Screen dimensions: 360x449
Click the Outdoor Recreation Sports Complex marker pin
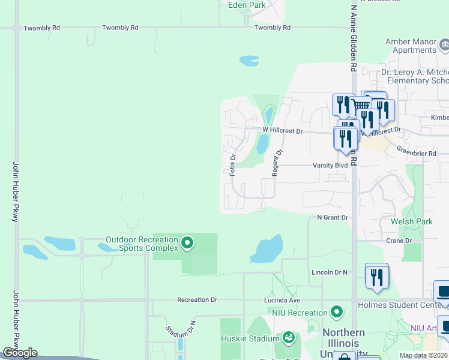pyautogui.click(x=187, y=243)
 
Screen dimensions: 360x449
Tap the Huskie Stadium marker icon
pyautogui.click(x=289, y=338)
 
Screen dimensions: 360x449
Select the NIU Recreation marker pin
pyautogui.click(x=337, y=312)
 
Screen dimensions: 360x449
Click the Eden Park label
pyautogui.click(x=247, y=5)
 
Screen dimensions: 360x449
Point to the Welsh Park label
pyautogui.click(x=412, y=221)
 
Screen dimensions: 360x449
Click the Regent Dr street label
pyautogui.click(x=276, y=162)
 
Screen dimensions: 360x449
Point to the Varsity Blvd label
pyautogui.click(x=330, y=165)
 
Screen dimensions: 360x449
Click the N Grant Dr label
pyautogui.click(x=332, y=217)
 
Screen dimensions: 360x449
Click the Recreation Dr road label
pyautogui.click(x=197, y=299)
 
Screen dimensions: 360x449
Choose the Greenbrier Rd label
pyautogui.click(x=416, y=154)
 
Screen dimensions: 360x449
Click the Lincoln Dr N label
pyautogui.click(x=330, y=272)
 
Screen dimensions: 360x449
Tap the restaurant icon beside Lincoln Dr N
pyautogui.click(x=376, y=277)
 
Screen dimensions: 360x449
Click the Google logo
pyautogui.click(x=20, y=353)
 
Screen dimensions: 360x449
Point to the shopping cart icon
pyautogui.click(x=361, y=106)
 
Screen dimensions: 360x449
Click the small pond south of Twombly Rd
pyautogui.click(x=249, y=61)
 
